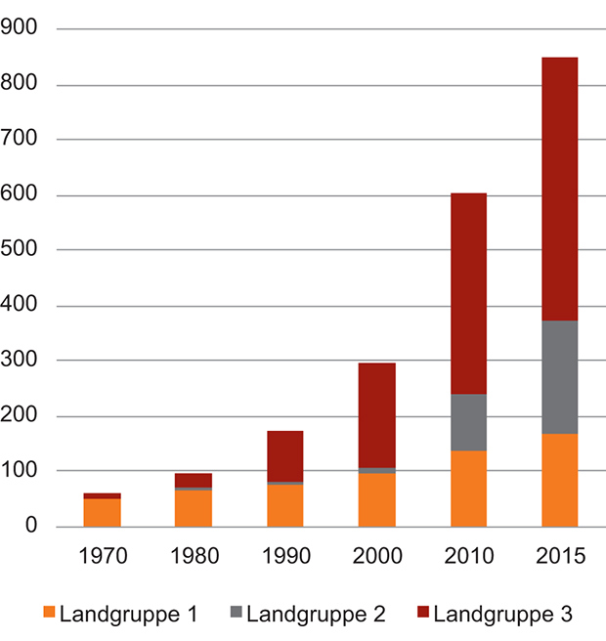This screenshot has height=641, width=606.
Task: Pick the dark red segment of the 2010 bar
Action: pyautogui.click(x=468, y=293)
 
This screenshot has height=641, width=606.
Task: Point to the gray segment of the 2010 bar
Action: pyautogui.click(x=468, y=422)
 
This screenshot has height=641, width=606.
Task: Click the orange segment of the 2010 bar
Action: pyautogui.click(x=468, y=488)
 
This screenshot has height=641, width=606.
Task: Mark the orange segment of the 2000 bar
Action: pyautogui.click(x=376, y=499)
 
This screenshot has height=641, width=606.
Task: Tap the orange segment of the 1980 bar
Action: pyautogui.click(x=194, y=508)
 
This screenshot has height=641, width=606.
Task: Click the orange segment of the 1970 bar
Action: pyautogui.click(x=102, y=513)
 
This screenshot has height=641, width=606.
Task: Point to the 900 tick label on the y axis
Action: pyautogui.click(x=22, y=29)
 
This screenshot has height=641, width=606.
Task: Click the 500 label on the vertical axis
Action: pyautogui.click(x=22, y=251)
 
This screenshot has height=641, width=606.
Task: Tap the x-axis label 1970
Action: pyautogui.click(x=102, y=558)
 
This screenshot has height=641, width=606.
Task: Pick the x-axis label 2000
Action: pyautogui.click(x=376, y=558)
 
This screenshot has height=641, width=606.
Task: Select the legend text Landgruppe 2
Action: pyautogui.click(x=316, y=616)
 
